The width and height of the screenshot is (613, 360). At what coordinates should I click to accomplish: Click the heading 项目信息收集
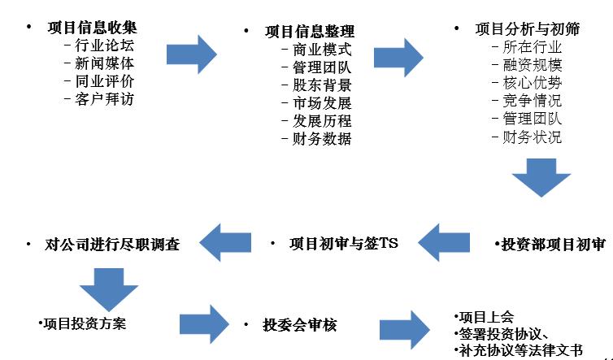point(92,28)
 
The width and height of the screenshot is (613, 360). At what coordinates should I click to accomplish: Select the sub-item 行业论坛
point(98,46)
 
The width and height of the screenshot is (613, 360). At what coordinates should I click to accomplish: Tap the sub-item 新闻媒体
point(98,63)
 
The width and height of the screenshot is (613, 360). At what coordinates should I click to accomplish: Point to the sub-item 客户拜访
point(98,99)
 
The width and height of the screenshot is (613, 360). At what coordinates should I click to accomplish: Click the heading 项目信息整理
point(310,32)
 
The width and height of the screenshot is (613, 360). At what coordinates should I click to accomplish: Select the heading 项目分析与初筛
point(528,29)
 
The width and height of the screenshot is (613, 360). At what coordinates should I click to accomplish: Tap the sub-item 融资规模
point(532,65)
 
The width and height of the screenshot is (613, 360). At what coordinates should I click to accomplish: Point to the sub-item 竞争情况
point(532,101)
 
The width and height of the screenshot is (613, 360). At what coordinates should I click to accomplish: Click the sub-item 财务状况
point(532,137)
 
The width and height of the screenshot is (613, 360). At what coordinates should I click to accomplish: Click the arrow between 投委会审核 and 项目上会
point(405,329)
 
